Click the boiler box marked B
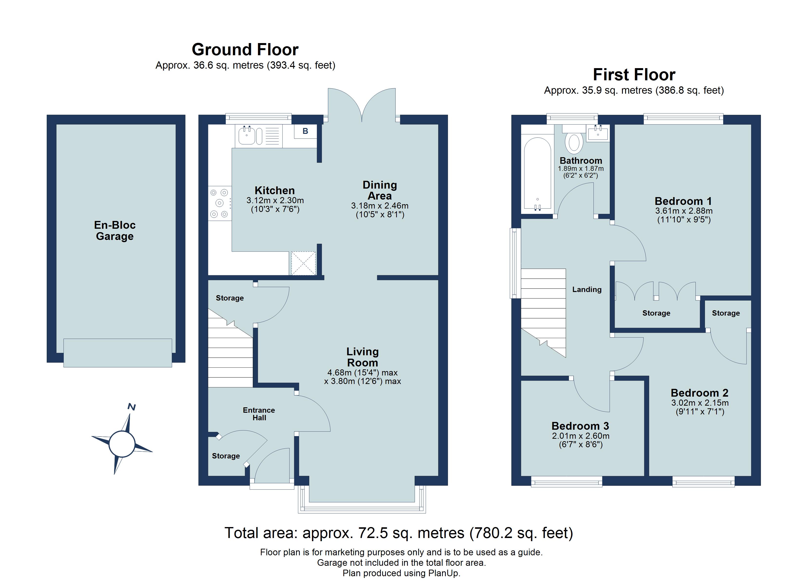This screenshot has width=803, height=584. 305,131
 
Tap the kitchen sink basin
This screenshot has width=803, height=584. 247,136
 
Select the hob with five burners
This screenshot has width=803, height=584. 219,203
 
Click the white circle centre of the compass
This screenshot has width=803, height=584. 122,444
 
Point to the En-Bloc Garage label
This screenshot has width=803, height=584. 115,230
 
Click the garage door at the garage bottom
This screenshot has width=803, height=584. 118,353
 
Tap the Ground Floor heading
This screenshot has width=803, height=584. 245,50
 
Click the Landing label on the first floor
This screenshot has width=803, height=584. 587,289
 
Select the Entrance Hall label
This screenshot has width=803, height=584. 259,414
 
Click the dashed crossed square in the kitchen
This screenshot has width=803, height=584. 303,263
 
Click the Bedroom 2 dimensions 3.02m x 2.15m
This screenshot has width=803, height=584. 700,403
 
